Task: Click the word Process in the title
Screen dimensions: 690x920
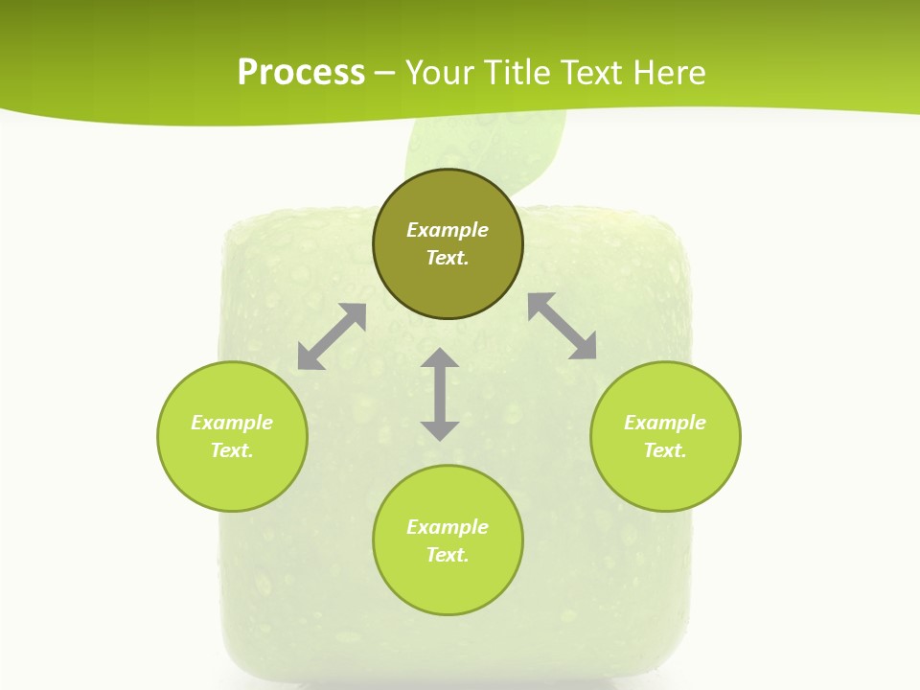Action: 301,73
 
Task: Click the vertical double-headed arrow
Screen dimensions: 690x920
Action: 440,394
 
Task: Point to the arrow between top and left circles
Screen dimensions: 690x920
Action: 332,336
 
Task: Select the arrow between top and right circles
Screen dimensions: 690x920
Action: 562,326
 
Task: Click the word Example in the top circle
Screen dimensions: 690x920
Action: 448,230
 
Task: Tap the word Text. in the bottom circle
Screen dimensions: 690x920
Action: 448,555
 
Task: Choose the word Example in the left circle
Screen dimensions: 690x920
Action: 232,423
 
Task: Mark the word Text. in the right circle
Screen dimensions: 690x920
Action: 665,450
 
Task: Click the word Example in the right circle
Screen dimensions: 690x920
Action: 665,423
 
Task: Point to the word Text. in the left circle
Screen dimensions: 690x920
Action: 232,450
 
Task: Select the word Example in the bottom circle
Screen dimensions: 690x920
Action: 448,527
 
